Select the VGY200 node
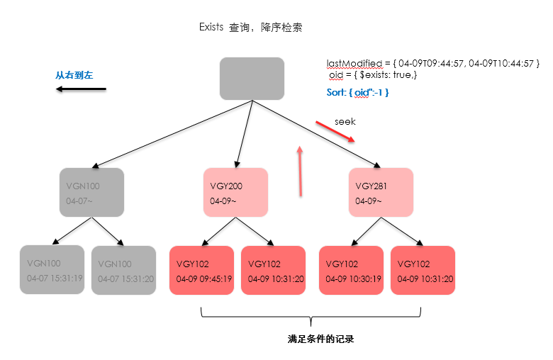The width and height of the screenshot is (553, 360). click(x=235, y=192)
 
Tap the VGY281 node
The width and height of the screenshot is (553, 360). click(x=381, y=192)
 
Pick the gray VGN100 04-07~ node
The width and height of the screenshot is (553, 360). click(x=91, y=192)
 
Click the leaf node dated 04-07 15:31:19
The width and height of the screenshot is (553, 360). click(x=52, y=270)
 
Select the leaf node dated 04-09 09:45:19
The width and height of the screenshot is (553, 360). click(x=201, y=270)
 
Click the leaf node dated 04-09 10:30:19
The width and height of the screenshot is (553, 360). click(x=351, y=270)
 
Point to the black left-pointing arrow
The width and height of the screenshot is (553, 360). click(x=82, y=89)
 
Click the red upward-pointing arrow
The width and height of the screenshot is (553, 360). click(x=301, y=170)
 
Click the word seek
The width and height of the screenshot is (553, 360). click(x=345, y=121)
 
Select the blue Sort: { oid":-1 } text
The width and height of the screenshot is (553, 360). click(x=353, y=92)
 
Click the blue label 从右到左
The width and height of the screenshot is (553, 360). click(x=74, y=74)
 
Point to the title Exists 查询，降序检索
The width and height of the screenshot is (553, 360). click(x=251, y=28)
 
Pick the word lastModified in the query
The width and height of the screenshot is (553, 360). click(x=352, y=64)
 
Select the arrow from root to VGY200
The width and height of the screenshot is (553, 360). click(x=242, y=134)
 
